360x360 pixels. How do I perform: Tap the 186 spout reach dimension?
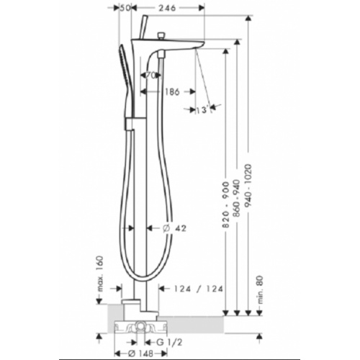click(171, 91)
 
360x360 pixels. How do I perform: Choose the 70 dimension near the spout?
click(152, 75)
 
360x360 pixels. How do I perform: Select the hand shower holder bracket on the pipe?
click(130, 127)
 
